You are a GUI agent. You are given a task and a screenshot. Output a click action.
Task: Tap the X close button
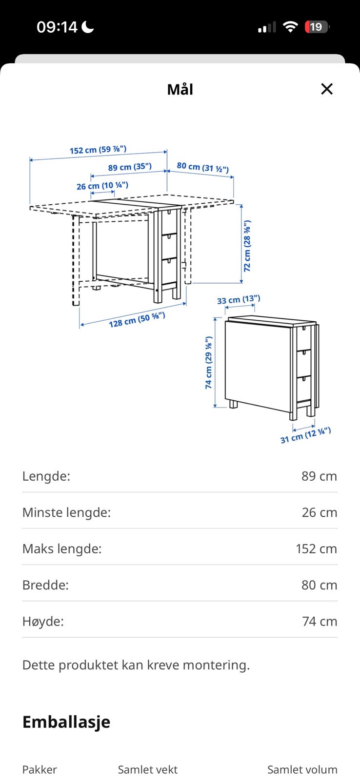click(x=326, y=89)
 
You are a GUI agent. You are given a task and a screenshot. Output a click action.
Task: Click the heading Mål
click(x=180, y=89)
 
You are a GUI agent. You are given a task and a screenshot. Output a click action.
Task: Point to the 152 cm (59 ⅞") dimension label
click(x=98, y=150)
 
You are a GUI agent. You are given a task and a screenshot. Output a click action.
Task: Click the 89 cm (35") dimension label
click(x=130, y=167)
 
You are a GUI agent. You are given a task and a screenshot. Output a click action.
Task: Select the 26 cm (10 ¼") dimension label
click(x=102, y=186)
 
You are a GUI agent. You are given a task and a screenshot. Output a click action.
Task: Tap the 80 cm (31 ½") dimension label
click(x=203, y=167)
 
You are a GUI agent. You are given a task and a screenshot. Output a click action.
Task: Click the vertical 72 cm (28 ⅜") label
click(x=247, y=246)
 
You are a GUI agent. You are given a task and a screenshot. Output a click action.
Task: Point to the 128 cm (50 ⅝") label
click(x=137, y=320)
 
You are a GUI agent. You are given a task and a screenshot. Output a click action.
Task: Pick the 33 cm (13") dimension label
click(x=239, y=299)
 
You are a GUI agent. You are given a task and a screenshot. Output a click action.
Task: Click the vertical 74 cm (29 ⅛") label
click(x=208, y=363)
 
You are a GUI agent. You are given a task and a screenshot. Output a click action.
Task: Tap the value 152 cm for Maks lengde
click(x=317, y=549)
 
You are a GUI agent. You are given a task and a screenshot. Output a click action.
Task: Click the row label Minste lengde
click(x=66, y=512)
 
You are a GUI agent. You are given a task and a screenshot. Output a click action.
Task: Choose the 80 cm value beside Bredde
click(x=319, y=585)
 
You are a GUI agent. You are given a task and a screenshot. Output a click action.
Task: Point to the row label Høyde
click(x=43, y=622)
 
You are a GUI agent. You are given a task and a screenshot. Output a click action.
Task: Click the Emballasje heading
click(x=66, y=722)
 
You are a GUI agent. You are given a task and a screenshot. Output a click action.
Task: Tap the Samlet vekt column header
click(x=148, y=769)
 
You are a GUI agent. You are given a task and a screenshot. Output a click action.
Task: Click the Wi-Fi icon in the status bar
click(x=290, y=26)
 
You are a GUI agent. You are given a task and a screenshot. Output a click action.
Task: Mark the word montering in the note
click(x=216, y=665)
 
